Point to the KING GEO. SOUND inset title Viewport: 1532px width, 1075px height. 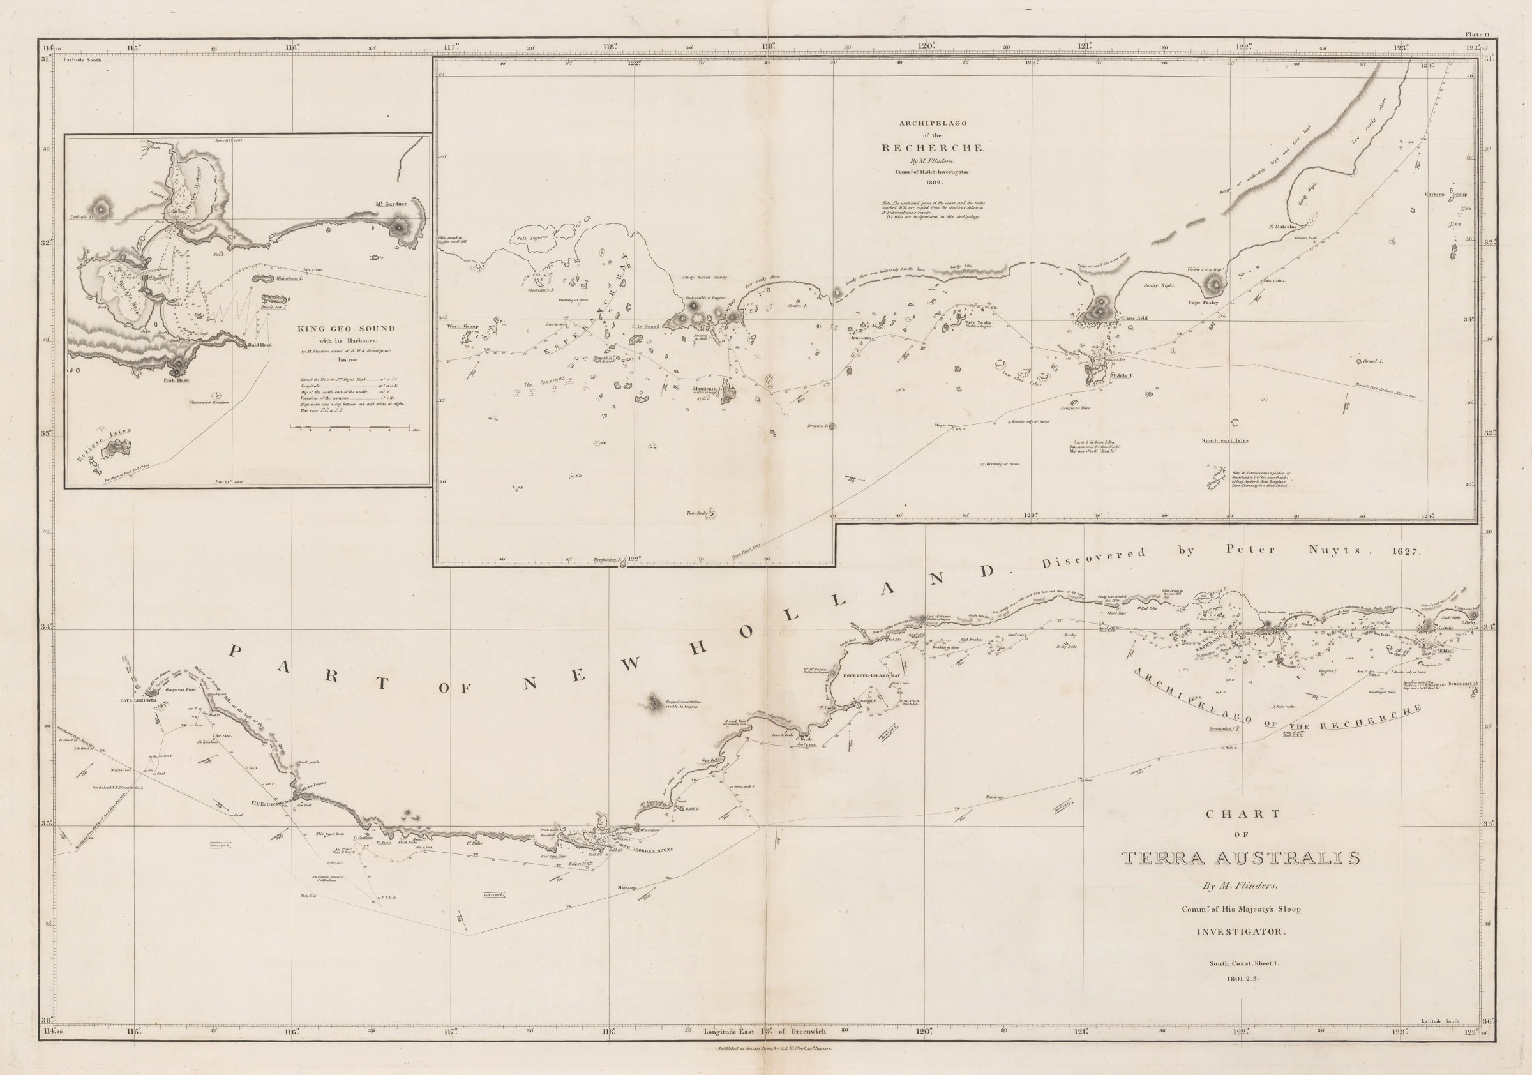[x=345, y=328]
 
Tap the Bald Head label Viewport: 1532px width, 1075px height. [x=259, y=345]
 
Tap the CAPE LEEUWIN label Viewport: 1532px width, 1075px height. [x=137, y=700]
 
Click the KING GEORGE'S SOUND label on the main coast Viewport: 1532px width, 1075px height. [x=646, y=850]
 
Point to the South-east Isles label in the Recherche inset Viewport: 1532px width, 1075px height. [x=1225, y=440]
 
